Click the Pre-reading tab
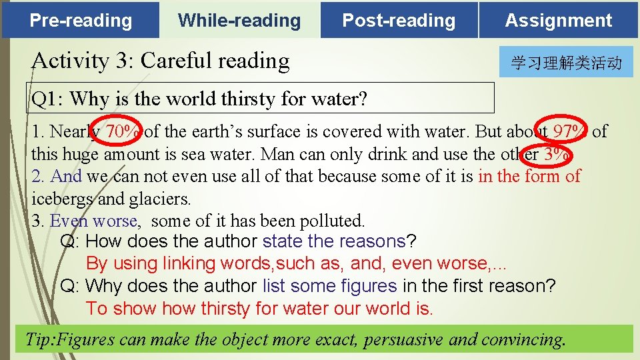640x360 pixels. pos(81,20)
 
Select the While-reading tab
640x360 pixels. pos(239,20)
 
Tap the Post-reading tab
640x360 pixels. pos(399,20)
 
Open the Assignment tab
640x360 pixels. pos(559,20)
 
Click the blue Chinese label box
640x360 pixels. pos(566,63)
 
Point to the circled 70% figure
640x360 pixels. pos(123,131)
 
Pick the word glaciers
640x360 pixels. pos(162,199)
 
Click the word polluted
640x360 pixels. pos(333,221)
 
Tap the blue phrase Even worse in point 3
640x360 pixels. pos(93,221)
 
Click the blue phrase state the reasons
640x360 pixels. pos(334,241)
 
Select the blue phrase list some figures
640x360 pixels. pos(329,286)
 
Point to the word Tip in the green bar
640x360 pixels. pos(39,339)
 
